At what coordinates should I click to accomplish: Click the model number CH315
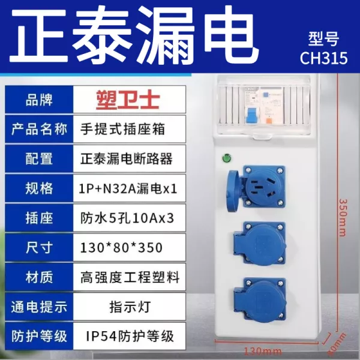324,58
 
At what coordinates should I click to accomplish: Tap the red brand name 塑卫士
128,100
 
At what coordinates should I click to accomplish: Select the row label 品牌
39,100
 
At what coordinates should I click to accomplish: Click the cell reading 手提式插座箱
122,129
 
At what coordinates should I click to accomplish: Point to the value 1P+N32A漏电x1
128,189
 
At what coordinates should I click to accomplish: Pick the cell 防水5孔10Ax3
127,218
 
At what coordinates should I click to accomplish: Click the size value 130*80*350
121,248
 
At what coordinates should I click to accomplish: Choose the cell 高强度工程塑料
130,277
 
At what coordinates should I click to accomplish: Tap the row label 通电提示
39,307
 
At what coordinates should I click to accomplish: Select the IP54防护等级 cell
130,336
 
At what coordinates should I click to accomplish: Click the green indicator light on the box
227,158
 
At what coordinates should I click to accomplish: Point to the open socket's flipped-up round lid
232,191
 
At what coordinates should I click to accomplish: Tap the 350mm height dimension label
343,218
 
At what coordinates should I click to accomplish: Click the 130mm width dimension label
263,351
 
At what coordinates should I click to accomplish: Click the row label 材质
39,277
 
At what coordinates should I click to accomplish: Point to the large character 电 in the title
232,35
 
